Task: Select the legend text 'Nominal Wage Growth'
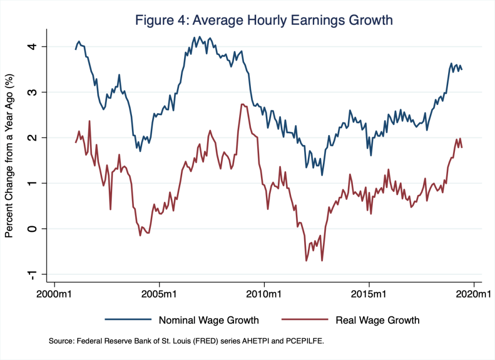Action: click(206, 320)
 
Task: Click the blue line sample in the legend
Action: click(125, 320)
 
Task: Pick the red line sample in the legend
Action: click(301, 320)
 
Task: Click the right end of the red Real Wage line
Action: click(462, 148)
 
